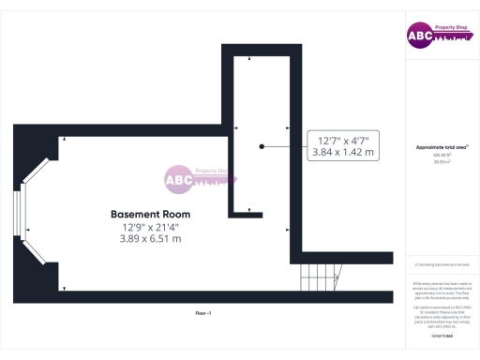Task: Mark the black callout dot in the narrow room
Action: [x=262, y=146]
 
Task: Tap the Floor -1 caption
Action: [x=203, y=311]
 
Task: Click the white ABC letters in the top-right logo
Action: [x=419, y=37]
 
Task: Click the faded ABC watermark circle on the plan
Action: [x=179, y=178]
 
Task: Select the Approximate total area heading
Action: [x=442, y=148]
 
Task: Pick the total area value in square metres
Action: [x=442, y=161]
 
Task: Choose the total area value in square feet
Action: [x=442, y=156]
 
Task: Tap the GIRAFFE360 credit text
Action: [x=442, y=335]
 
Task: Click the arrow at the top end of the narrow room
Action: [x=249, y=60]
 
